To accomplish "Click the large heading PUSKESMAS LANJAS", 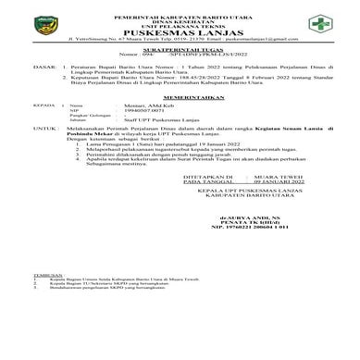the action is click(x=180, y=31).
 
